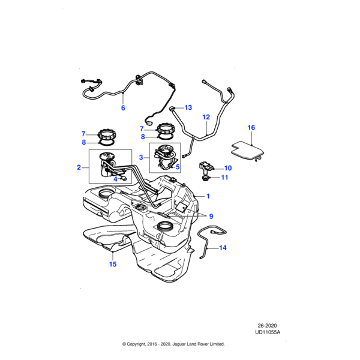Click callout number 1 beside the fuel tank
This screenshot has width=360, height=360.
point(208,196)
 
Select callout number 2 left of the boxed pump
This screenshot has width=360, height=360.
point(79,168)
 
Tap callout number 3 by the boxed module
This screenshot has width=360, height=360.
point(140,157)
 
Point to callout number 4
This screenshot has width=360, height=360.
point(115,178)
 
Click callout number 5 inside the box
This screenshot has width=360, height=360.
point(178,166)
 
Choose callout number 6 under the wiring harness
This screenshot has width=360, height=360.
point(123,109)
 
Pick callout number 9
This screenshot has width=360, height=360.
point(210,215)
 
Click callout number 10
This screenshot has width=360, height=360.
point(227,168)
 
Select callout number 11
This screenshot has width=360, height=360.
point(226,178)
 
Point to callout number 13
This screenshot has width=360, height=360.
point(188,108)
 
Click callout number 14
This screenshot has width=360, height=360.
point(223,247)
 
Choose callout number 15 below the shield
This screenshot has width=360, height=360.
point(112,263)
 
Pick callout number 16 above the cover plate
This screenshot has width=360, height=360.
point(251,128)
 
